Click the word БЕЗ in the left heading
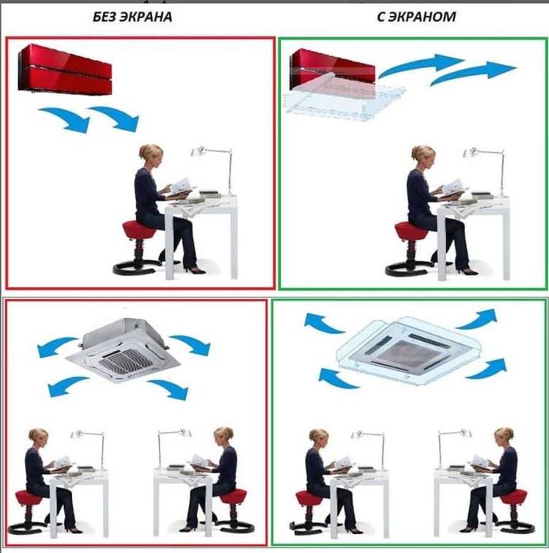coord(104,17)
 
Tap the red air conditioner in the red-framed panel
coord(65,69)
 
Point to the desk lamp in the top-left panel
coord(214,170)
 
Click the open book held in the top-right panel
coord(452,187)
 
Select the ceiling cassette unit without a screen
coord(123,350)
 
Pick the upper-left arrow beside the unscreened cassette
coord(56,347)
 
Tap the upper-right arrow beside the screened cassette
coord(477,318)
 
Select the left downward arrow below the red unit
coord(65,119)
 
